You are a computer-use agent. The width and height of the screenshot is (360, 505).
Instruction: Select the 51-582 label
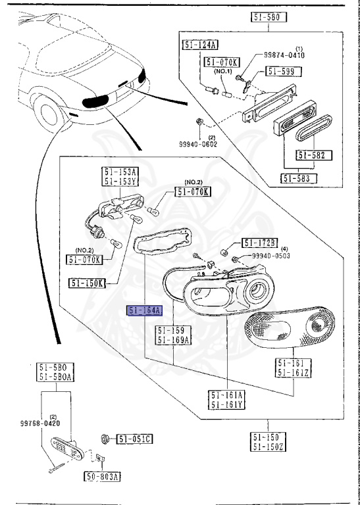(314, 156)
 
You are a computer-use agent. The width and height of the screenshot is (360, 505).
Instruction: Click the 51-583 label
(298, 178)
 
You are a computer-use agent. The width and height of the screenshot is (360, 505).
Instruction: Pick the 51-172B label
(260, 243)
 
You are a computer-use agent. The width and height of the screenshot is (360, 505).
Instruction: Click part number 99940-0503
(271, 256)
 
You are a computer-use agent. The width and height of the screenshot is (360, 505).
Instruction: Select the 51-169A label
(174, 340)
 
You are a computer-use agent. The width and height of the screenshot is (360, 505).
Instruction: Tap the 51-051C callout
(135, 439)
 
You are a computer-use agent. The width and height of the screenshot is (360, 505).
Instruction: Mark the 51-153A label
(118, 172)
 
